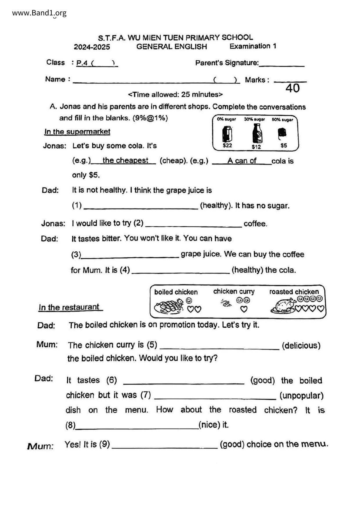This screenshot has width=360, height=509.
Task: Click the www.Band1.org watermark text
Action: point(39,13)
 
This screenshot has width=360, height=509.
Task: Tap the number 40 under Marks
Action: point(292,88)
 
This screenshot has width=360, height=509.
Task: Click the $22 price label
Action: point(227,145)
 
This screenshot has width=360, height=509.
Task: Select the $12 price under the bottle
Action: point(256,147)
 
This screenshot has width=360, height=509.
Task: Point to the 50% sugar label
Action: point(282,120)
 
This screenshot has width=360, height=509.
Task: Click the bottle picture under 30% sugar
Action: point(257,133)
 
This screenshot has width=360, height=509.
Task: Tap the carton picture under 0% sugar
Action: point(227,134)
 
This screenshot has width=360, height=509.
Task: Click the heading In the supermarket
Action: point(77,132)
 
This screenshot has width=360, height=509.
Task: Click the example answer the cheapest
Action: point(125,160)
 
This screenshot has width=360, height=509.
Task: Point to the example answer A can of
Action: point(242,161)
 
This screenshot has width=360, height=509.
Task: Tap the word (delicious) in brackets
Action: point(301,346)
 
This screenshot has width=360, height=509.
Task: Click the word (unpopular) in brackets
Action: point(301,396)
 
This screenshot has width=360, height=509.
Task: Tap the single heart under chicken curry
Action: point(244,309)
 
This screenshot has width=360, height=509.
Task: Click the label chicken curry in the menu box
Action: point(234,291)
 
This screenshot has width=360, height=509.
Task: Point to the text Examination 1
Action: point(253,46)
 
